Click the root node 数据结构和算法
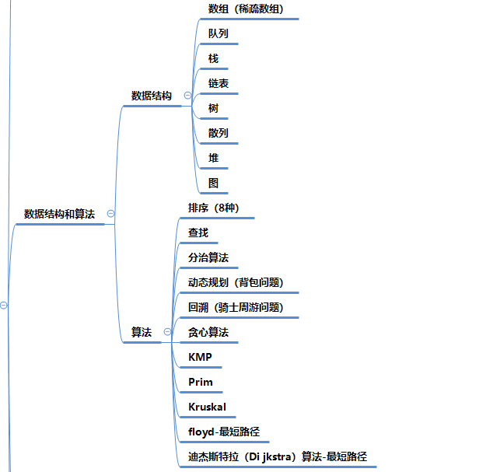[59, 214]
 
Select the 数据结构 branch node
[152, 96]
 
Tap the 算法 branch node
[142, 332]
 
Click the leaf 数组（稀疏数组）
[246, 9]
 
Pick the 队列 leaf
[219, 34]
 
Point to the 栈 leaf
[214, 59]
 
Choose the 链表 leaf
[219, 84]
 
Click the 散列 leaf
[219, 134]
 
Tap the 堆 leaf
[214, 159]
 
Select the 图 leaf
[214, 184]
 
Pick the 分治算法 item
[208, 257]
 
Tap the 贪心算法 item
[208, 332]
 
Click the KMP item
[200, 358]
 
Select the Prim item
[201, 383]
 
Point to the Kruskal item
[207, 407]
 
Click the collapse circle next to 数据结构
[187, 96]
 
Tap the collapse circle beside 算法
[167, 332]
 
